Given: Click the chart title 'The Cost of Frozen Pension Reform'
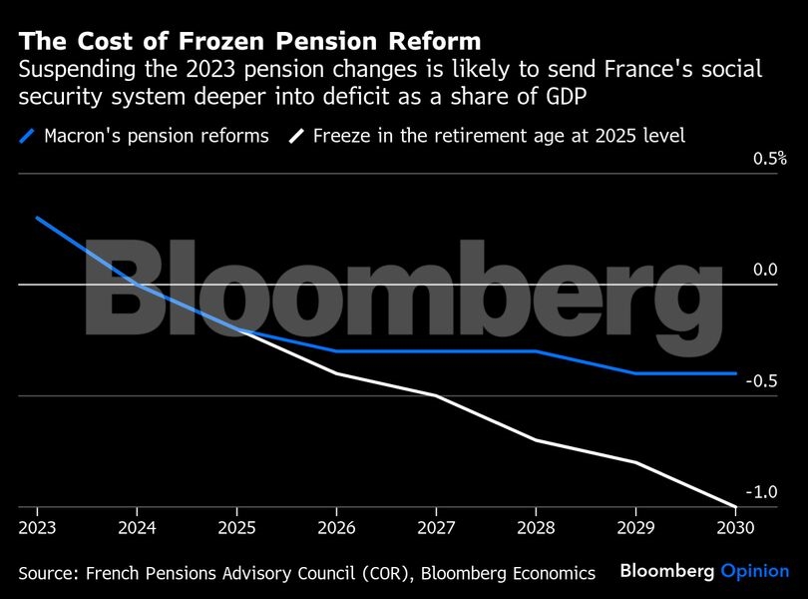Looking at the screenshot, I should pyautogui.click(x=250, y=41).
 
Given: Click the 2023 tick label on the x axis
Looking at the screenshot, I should pyautogui.click(x=37, y=526).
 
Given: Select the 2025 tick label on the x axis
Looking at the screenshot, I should pyautogui.click(x=236, y=526).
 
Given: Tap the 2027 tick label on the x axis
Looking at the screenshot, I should pyautogui.click(x=436, y=526).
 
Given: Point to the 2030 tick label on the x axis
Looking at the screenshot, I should pyautogui.click(x=735, y=526).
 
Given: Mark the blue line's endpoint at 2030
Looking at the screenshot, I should pyautogui.click(x=735, y=373).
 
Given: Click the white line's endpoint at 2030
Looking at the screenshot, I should pyautogui.click(x=735, y=506).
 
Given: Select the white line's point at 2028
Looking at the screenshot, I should pyautogui.click(x=536, y=439).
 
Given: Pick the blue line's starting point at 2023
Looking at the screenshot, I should pyautogui.click(x=37, y=218).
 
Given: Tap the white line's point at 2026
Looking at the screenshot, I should pyautogui.click(x=336, y=373).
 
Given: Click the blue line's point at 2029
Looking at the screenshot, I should pyautogui.click(x=635, y=373).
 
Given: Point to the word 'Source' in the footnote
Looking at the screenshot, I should pyautogui.click(x=47, y=573).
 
